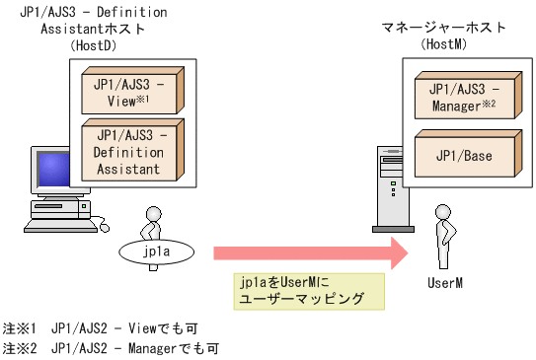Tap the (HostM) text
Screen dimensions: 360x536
point(444,45)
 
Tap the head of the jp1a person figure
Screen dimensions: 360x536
point(152,212)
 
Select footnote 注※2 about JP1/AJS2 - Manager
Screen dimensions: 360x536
point(109,348)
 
